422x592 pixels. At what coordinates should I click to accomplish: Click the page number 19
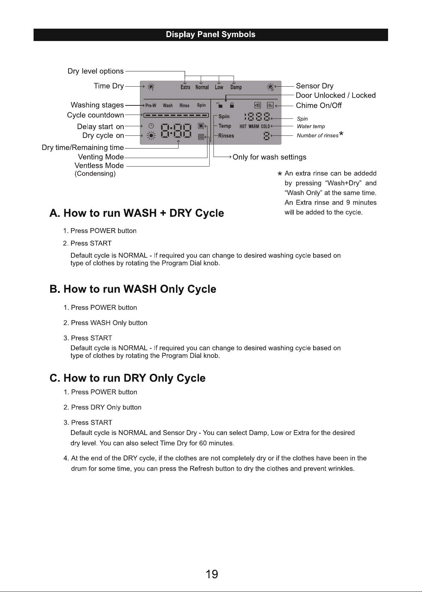212,574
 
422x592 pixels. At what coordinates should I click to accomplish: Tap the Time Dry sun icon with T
151,87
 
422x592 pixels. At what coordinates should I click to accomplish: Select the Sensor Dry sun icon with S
270,87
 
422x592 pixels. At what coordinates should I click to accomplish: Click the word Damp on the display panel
236,87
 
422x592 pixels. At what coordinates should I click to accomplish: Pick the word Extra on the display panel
186,87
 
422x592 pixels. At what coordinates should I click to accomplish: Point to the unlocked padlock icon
219,105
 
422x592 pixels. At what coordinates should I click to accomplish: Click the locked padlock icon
232,105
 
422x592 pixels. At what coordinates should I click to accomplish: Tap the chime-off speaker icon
270,105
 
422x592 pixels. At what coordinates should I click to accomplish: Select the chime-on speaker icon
258,105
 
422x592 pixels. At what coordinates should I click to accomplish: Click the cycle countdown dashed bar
176,115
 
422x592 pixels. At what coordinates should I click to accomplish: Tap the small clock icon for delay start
151,126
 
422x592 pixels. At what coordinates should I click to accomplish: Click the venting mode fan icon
201,126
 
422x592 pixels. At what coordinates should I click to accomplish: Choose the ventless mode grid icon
201,137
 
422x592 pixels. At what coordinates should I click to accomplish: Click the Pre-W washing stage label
151,106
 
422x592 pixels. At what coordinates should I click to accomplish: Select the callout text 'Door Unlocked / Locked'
336,95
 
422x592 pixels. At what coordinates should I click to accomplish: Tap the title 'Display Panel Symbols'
211,35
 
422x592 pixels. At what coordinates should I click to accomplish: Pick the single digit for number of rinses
266,136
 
